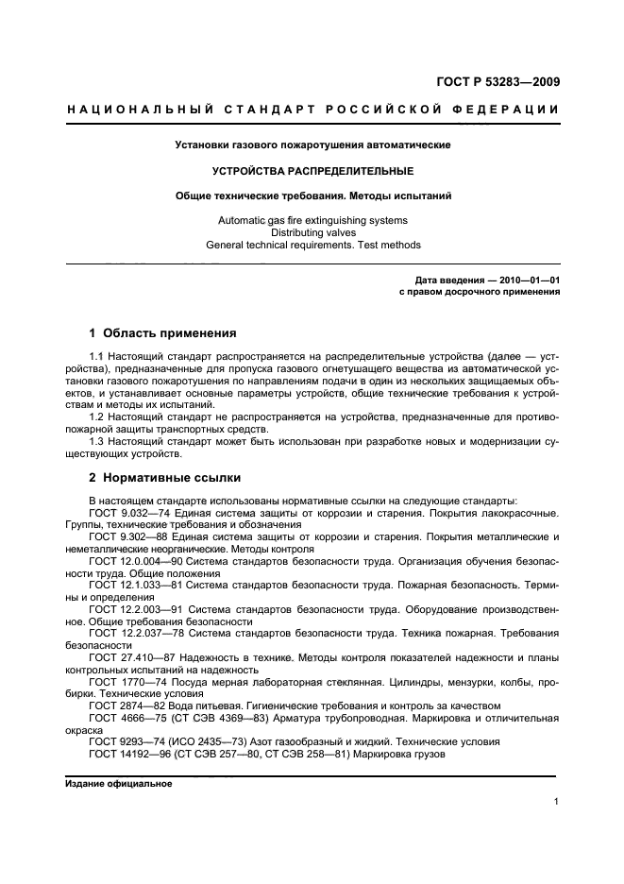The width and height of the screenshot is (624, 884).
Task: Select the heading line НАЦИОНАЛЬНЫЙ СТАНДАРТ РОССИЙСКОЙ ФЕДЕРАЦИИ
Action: (312, 110)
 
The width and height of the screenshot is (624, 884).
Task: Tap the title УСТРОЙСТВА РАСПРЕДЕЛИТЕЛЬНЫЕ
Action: (312, 171)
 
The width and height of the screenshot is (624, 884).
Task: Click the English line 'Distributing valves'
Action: (312, 232)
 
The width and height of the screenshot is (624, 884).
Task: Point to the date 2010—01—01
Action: (523, 280)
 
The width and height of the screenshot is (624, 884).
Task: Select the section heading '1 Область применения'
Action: (162, 333)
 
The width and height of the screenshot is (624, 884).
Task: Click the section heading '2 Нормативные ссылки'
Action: (164, 478)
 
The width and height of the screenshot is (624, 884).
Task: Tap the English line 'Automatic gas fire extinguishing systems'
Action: (312, 220)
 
